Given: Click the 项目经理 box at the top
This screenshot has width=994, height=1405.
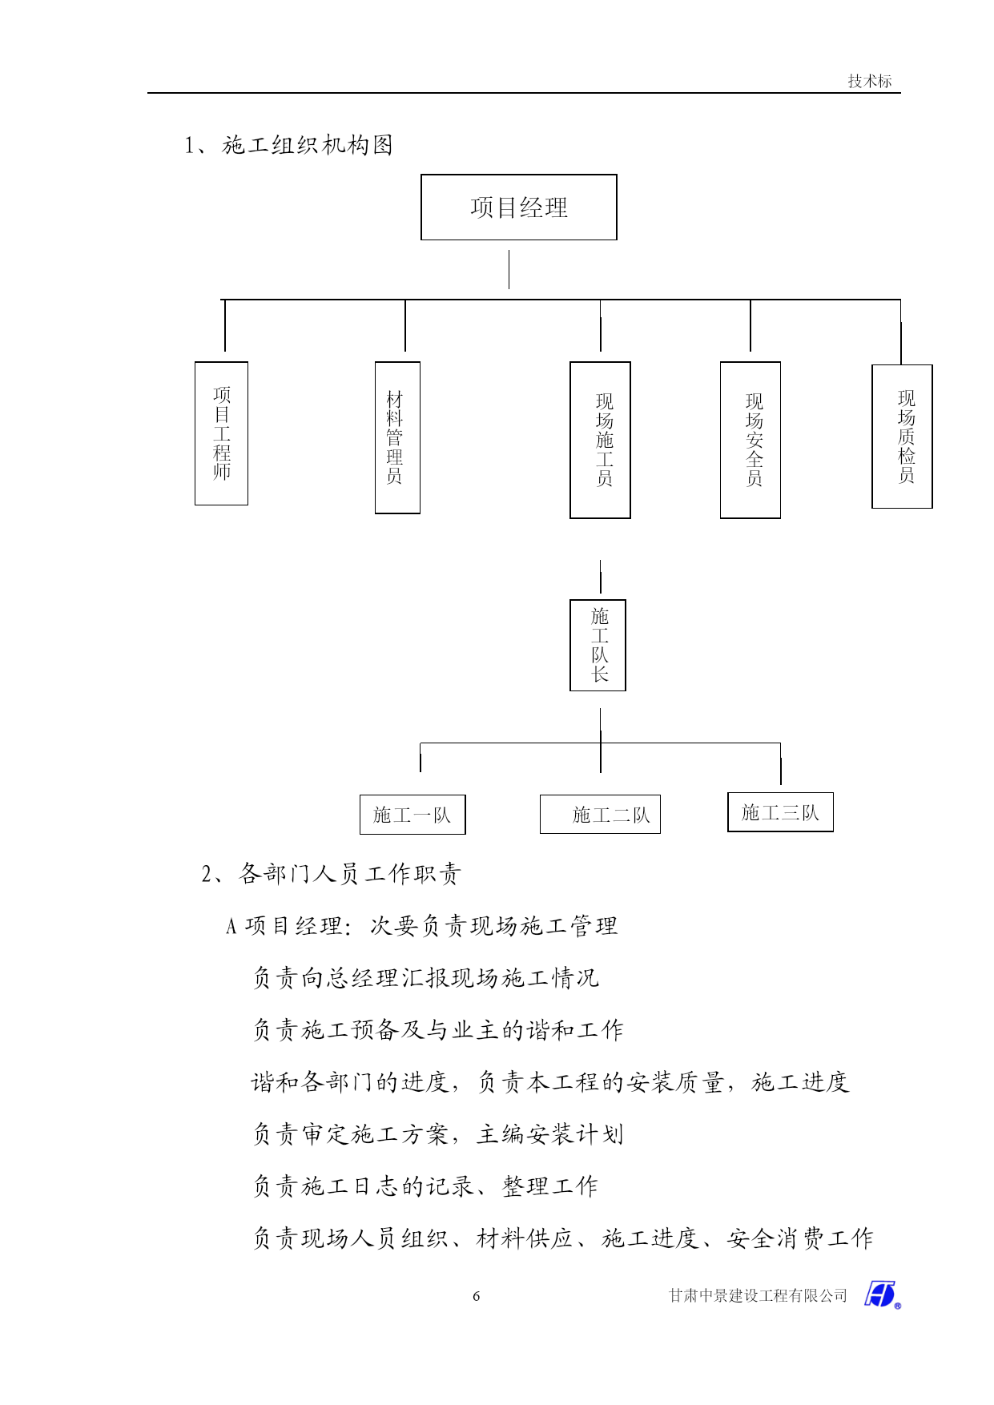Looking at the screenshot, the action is point(519,207).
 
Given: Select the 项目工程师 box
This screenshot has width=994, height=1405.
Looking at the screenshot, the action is point(221,433).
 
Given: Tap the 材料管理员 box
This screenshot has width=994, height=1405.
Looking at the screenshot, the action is point(397,437).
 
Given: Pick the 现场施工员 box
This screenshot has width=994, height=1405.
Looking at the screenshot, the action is point(600,440).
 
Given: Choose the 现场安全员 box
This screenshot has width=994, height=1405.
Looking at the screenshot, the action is point(751,440).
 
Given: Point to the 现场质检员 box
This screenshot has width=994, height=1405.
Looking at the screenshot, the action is point(902,437).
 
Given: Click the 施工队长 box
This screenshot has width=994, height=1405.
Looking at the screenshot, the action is point(598,645).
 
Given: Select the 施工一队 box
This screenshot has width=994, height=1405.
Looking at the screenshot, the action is point(412,815).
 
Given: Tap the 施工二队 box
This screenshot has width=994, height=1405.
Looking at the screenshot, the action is point(600,815).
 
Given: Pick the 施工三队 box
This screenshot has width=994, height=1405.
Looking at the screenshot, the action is point(780,812).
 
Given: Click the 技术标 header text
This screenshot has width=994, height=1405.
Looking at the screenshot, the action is point(870,81).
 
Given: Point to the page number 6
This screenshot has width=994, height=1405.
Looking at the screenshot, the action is point(477,1296).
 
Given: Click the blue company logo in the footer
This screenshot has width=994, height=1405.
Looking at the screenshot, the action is point(882,1294).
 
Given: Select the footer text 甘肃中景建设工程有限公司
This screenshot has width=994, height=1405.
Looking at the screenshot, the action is point(758,1296).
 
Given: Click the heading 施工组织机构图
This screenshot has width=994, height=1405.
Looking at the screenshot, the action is point(308,145).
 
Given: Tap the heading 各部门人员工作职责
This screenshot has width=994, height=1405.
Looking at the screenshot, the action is point(350,873).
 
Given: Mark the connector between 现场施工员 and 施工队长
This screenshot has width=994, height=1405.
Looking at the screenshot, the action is point(600,577).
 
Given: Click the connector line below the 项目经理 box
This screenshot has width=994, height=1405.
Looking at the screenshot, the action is point(509,269).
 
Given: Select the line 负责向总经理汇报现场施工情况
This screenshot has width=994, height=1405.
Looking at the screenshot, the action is point(426,977).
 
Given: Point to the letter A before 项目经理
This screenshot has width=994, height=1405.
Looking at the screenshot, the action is point(231,927).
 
